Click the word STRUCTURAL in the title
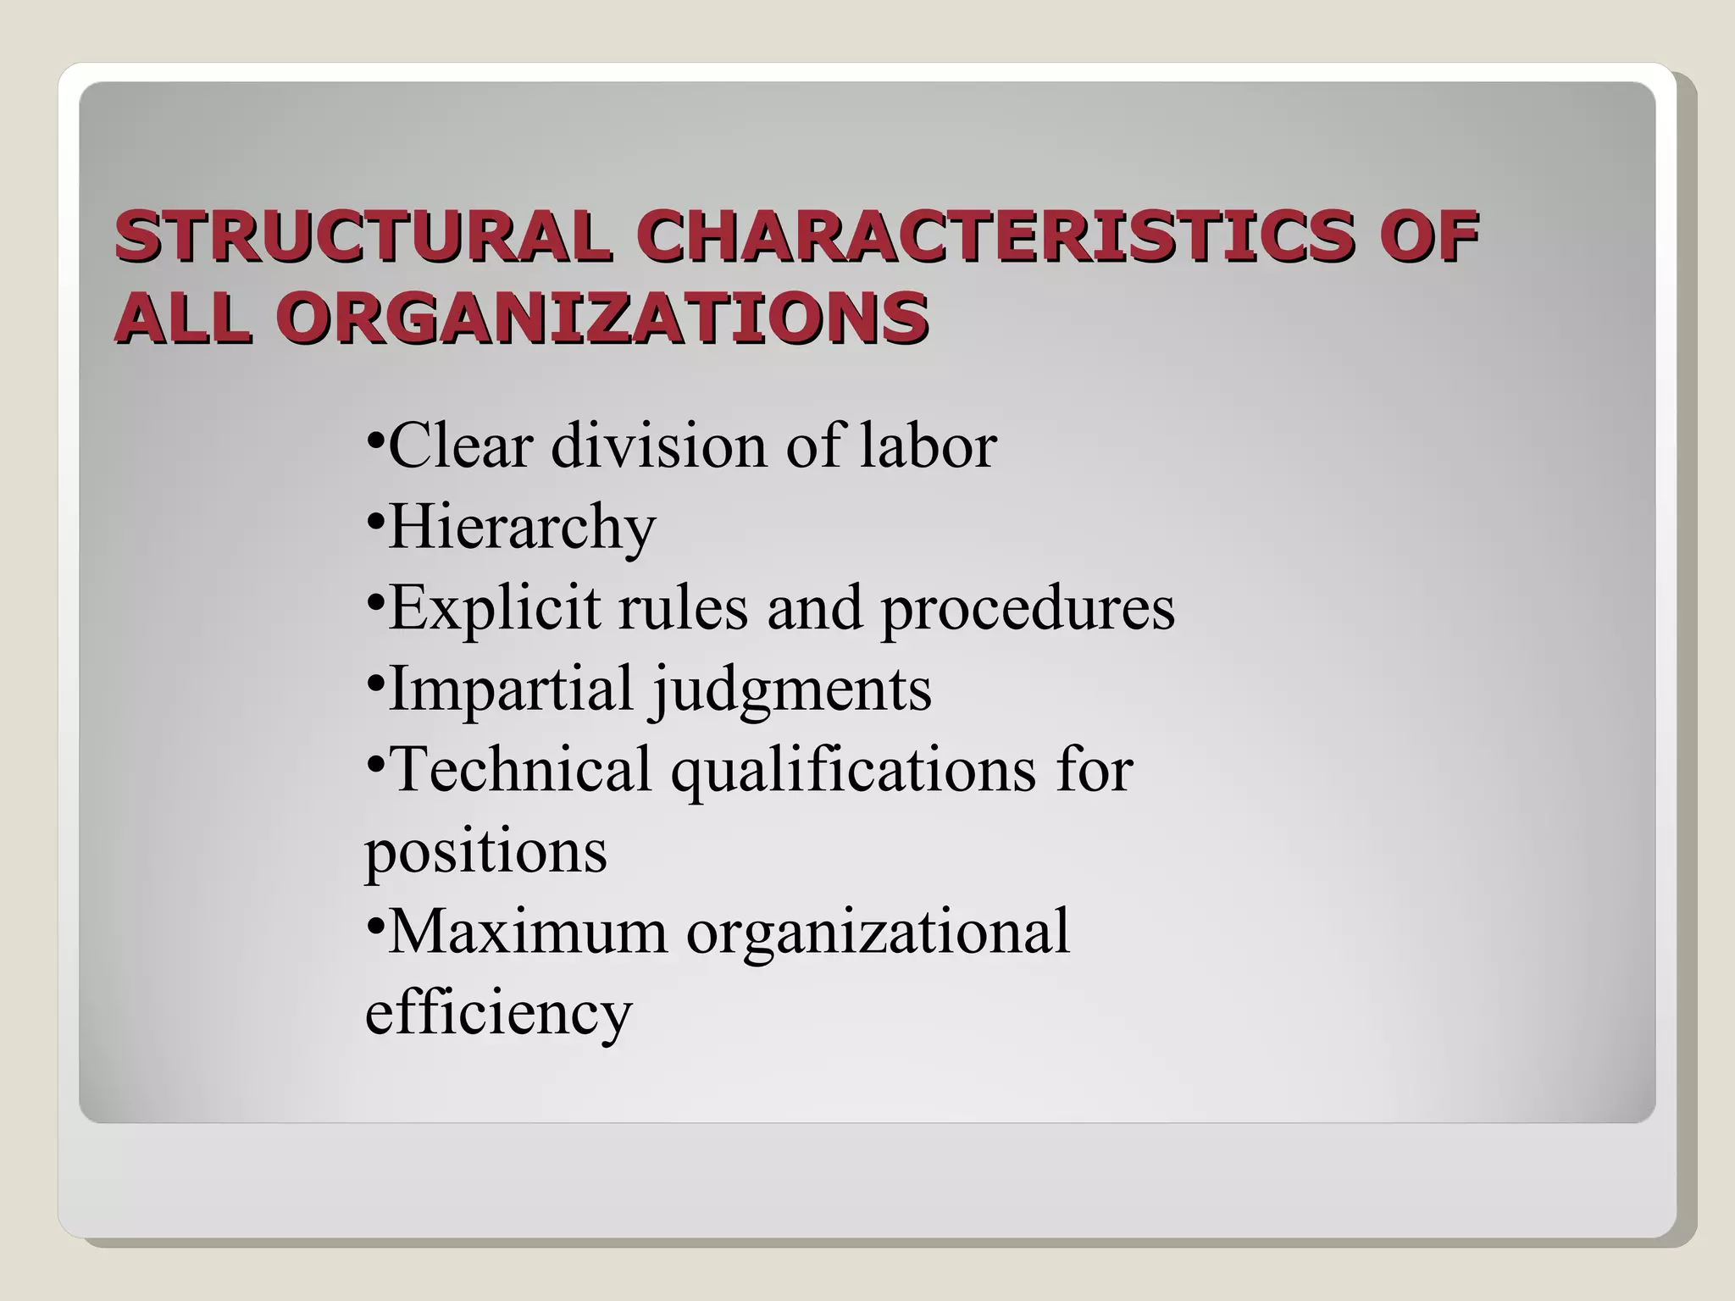[362, 236]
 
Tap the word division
[659, 446]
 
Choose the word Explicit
[493, 608]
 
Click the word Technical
[521, 769]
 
